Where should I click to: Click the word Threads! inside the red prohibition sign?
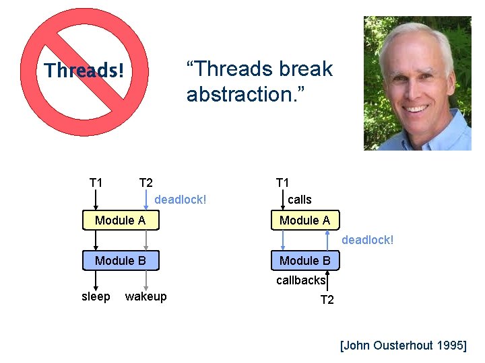tap(84, 71)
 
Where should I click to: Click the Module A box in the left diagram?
tap(121, 220)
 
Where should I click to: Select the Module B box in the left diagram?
tap(121, 261)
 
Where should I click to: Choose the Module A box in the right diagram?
tap(304, 220)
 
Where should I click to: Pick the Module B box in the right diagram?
tap(304, 261)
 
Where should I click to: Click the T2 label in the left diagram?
tap(146, 183)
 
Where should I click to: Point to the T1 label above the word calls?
tap(282, 183)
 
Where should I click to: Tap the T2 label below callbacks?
tap(327, 300)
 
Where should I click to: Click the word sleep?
tap(96, 296)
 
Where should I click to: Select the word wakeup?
tap(146, 296)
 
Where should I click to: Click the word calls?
tap(300, 200)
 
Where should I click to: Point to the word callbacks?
tap(300, 280)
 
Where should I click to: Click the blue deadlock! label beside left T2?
tap(181, 200)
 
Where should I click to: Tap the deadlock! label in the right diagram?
tap(368, 240)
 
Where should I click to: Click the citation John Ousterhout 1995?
tap(403, 346)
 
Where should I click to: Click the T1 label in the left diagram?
tap(96, 183)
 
